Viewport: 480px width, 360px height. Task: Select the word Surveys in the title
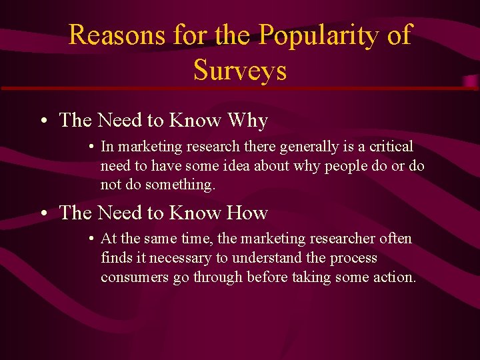pos(240,69)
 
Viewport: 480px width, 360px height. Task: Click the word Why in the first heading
pos(247,121)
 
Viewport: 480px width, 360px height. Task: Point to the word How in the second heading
pos(247,213)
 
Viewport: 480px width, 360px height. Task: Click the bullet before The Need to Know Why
pos(42,121)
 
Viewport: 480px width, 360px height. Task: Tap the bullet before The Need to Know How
pos(42,213)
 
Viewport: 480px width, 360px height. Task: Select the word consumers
pos(135,277)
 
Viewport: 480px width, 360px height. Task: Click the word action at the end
pos(395,277)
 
